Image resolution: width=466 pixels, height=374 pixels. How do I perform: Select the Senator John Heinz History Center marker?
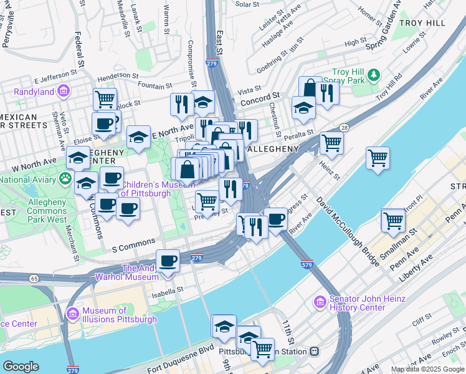[x=320, y=302]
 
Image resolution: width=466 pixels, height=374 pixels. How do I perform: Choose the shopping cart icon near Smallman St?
[x=393, y=220]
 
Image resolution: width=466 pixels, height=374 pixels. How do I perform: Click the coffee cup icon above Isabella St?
[x=168, y=261]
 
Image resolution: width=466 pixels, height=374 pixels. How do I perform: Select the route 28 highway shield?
[x=343, y=128]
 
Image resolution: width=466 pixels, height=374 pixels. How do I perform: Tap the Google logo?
[x=21, y=367]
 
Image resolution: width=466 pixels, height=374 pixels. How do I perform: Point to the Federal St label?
[x=80, y=50]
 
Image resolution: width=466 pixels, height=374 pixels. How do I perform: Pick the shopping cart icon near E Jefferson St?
[x=105, y=98]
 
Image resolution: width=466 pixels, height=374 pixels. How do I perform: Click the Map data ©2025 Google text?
[x=427, y=369]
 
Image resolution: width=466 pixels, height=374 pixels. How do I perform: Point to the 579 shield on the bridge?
[x=306, y=264]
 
